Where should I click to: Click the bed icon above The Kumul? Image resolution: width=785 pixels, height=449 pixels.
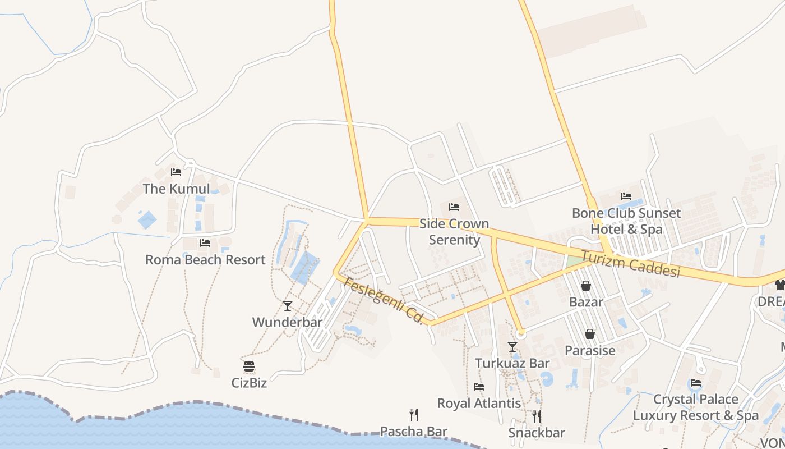176,172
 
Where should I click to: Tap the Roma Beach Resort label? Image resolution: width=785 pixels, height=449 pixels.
205,260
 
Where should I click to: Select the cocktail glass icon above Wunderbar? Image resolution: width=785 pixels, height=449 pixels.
288,306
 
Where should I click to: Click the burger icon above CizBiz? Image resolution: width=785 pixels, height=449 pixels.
249,367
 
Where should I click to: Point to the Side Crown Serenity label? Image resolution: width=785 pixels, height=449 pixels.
454,232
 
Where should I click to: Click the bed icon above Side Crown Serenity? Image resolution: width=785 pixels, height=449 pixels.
454,207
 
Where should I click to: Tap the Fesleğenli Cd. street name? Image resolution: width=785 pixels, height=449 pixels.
384,300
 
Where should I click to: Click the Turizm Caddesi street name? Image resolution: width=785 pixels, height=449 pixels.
630,264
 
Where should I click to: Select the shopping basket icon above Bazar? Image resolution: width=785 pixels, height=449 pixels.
586,286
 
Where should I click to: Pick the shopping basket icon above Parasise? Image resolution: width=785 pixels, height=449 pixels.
590,335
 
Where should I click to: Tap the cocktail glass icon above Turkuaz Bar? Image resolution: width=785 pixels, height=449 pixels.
512,347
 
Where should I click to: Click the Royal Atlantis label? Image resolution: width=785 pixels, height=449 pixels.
479,404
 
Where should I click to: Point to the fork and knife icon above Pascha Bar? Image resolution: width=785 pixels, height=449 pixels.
414,415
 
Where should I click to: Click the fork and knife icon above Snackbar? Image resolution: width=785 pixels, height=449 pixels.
537,416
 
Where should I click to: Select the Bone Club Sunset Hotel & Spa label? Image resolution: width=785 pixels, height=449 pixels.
626,221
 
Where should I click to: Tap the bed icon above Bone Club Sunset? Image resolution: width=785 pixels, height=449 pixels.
626,196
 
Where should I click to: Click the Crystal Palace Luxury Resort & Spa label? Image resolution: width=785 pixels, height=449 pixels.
696,407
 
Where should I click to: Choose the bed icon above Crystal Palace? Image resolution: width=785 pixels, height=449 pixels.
696,383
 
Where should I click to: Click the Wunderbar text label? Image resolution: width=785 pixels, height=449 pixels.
287,322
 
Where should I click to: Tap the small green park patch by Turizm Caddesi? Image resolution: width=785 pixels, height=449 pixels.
574,262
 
